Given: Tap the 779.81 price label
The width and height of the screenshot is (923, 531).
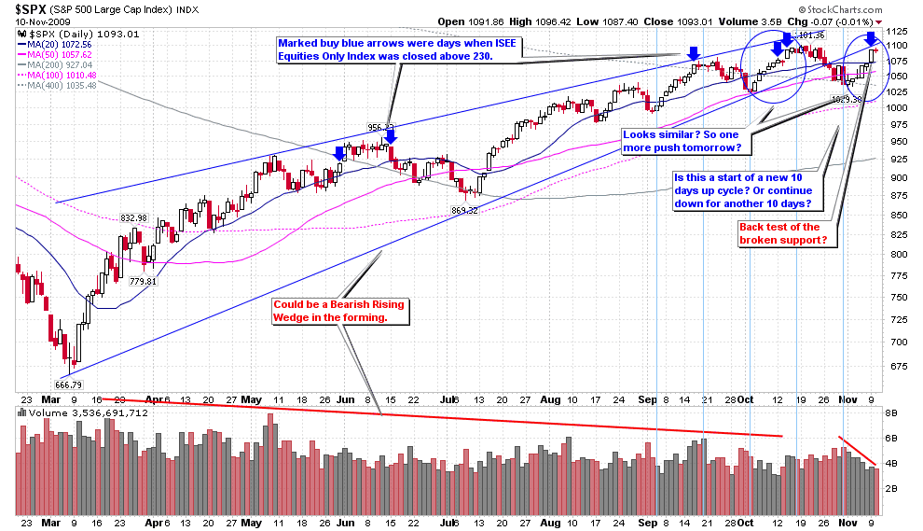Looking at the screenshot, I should [144, 281].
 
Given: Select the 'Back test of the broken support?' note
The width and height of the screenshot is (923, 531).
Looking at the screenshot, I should [781, 233].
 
